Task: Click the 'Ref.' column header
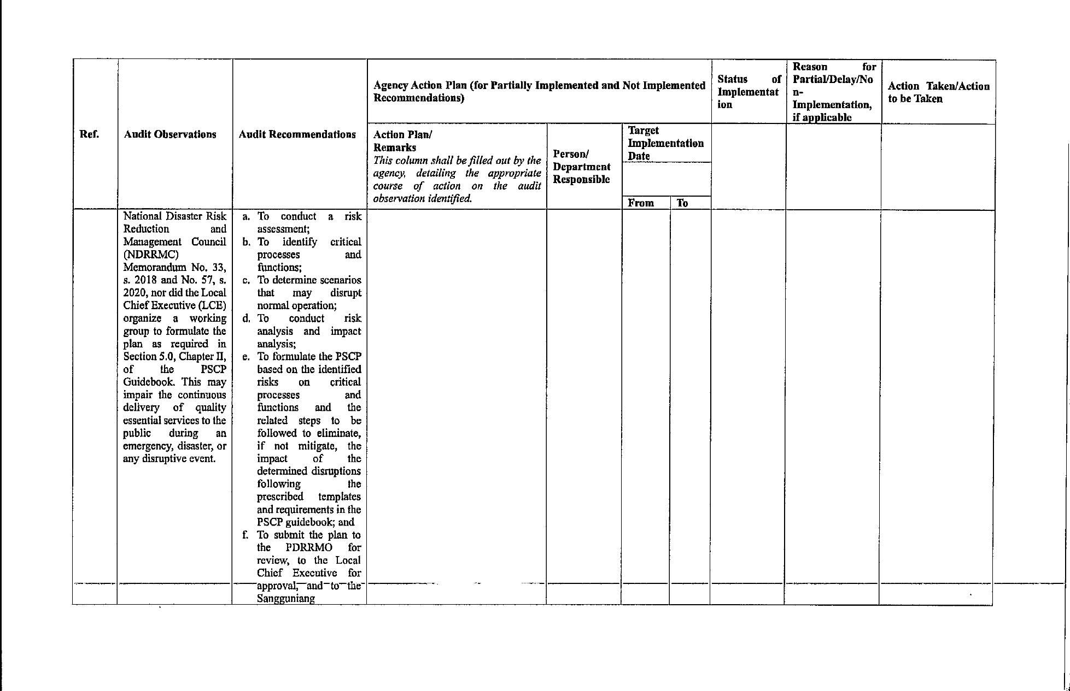(x=89, y=134)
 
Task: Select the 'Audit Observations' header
(x=170, y=134)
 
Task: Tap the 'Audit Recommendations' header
(x=297, y=134)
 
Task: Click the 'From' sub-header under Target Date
(x=641, y=203)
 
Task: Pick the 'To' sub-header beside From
(x=682, y=203)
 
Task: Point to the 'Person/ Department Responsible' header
(x=582, y=167)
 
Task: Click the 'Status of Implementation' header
(x=749, y=92)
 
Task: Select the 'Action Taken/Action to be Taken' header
(x=938, y=92)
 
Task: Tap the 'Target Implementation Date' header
(x=665, y=143)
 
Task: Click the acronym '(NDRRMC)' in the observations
(x=151, y=255)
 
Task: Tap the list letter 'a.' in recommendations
(x=247, y=216)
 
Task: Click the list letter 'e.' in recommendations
(x=247, y=357)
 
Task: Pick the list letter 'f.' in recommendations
(x=245, y=535)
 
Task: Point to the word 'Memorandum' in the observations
(x=155, y=267)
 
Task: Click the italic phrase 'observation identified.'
(x=422, y=198)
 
